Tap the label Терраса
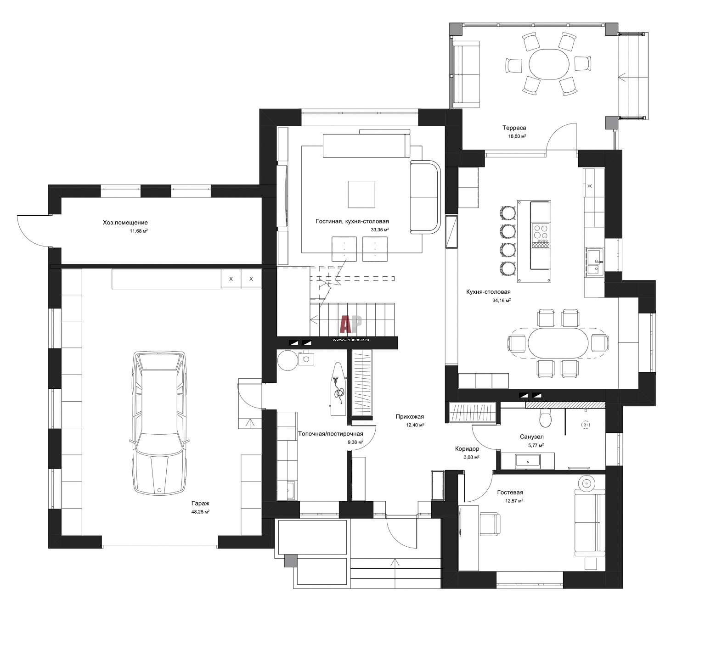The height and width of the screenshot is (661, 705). coord(514,128)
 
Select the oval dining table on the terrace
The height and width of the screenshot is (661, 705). coord(549,65)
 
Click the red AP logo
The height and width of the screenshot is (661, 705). coord(351,324)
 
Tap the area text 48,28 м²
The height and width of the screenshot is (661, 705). coord(201,511)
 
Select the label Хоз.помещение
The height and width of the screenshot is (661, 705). coord(125,223)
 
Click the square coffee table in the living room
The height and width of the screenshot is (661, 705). coord(361,194)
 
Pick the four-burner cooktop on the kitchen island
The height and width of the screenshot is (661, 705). coord(541,232)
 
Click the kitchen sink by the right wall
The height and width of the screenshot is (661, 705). coord(594,261)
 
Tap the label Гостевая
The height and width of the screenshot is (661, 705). coord(510,493)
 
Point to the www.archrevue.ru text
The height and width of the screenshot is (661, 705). coord(350,340)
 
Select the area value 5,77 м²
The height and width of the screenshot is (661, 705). coord(535,445)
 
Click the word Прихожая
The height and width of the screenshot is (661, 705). coord(410,417)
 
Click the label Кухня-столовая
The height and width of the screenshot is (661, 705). coord(488,292)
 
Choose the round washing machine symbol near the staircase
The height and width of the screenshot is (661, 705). coord(288,360)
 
